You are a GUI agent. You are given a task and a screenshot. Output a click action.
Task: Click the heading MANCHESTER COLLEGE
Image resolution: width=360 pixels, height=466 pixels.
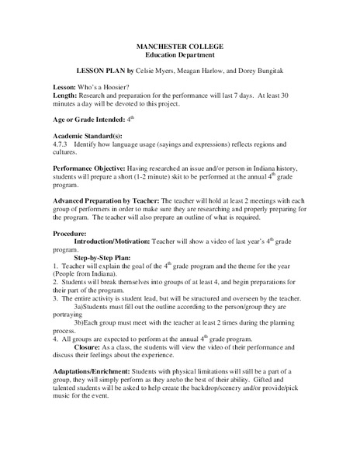tap(180, 47)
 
